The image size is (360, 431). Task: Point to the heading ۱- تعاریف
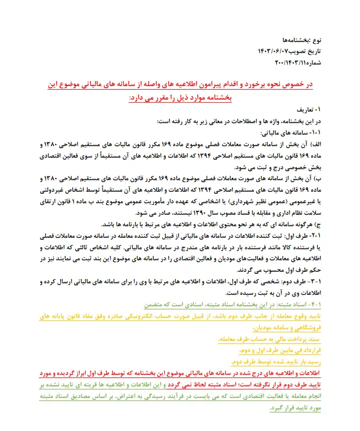[315, 109]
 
